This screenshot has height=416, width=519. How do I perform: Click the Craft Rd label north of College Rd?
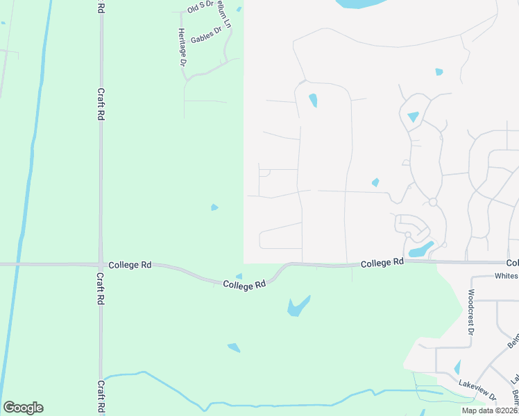coord(101,105)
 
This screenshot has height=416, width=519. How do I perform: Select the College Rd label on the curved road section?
coord(245,284)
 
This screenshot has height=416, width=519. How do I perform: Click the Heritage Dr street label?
coord(182,47)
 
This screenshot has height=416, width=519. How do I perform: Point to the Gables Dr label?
coord(206,35)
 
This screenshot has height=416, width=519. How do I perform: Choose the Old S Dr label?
coord(198,8)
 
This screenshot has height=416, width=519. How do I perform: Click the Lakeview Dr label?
coord(477,389)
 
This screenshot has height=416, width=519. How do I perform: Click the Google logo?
coord(23,408)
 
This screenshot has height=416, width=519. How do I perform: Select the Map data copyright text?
coord(490,410)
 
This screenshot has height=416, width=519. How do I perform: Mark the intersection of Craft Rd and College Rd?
coord(101,264)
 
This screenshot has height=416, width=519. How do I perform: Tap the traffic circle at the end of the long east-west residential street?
coord(432,202)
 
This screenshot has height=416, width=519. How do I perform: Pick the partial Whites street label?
coord(506,276)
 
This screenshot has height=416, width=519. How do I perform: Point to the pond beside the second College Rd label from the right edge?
coord(420,249)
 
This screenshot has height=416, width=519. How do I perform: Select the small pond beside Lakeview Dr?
coord(457,367)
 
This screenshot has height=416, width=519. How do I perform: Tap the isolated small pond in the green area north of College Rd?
coord(214,207)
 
